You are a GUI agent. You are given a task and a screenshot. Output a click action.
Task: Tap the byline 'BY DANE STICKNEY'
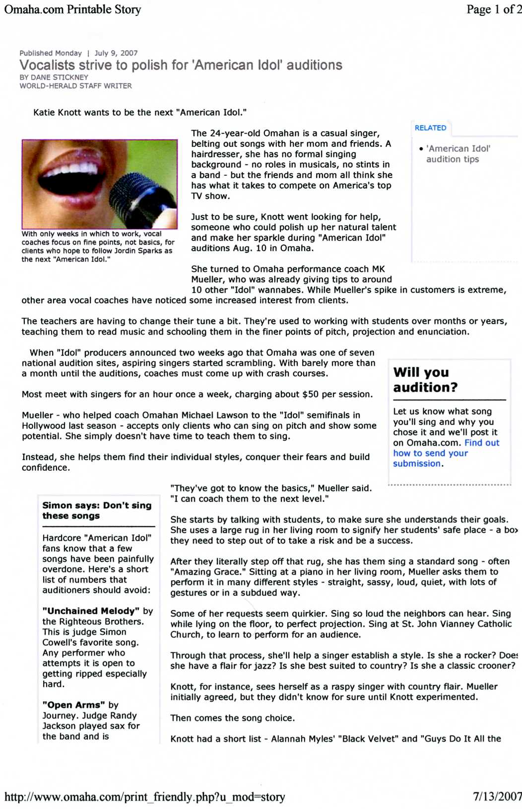tap(54, 77)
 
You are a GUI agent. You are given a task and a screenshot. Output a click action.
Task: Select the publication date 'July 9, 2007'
tap(116, 53)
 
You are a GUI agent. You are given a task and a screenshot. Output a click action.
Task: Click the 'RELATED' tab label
tap(430, 128)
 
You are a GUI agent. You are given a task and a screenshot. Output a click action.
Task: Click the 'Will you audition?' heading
tap(425, 379)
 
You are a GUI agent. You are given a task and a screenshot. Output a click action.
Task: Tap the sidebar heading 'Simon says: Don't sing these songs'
tap(97, 510)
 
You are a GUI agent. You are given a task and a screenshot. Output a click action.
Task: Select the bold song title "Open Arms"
tap(74, 705)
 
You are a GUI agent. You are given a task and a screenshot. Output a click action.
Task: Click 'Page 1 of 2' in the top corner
tap(493, 9)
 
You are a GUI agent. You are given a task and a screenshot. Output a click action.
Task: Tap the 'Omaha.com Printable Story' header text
tap(72, 9)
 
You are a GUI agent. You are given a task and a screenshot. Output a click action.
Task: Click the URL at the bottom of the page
tap(144, 797)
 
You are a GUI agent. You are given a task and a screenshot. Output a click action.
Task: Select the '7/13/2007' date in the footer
tap(497, 797)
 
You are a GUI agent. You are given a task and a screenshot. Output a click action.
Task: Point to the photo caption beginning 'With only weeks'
tap(98, 246)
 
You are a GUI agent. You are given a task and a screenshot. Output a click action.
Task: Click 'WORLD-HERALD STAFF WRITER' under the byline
tap(75, 86)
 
